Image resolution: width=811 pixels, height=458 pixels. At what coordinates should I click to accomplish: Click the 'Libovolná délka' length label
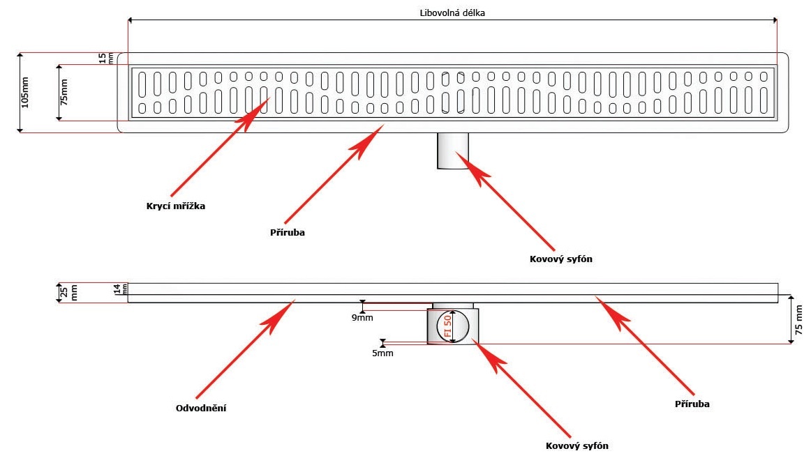(x=452, y=13)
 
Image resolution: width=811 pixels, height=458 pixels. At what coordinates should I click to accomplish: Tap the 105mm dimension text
(x=26, y=92)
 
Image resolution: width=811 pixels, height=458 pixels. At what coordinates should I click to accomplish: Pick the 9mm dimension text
(x=362, y=318)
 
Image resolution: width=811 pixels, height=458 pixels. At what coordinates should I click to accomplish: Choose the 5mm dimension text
(x=382, y=353)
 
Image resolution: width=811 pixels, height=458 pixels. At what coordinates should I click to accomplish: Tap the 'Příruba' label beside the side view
(x=692, y=404)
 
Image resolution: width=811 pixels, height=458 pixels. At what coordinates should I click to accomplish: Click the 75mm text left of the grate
(x=64, y=91)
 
